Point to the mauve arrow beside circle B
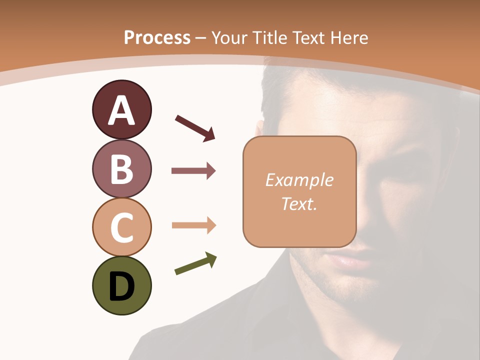[x=193, y=171]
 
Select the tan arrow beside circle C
[x=193, y=225]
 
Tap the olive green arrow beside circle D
[x=195, y=264]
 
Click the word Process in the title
[x=157, y=37]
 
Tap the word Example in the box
[x=299, y=180]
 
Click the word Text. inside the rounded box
[x=299, y=203]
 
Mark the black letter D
[x=121, y=287]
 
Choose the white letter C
[x=121, y=227]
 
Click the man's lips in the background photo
[x=350, y=260]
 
